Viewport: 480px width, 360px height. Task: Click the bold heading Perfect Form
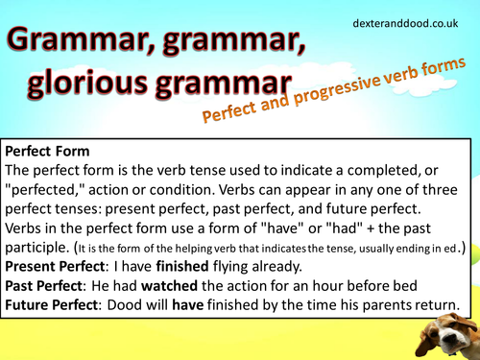click(x=50, y=151)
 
